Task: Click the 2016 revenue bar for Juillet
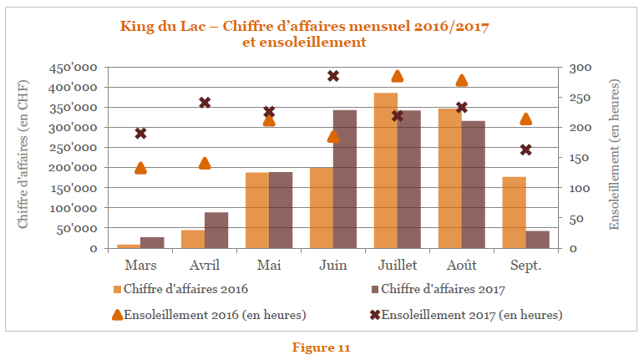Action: [385, 170]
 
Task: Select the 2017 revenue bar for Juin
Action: [345, 179]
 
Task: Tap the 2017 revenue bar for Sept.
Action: [538, 239]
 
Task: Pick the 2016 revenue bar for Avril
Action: [193, 239]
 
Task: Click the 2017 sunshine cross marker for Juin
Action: [333, 76]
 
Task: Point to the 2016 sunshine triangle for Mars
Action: [140, 168]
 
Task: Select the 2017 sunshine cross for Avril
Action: [205, 103]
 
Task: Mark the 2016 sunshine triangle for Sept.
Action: [526, 119]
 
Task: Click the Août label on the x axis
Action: [461, 265]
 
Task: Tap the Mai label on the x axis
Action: [269, 265]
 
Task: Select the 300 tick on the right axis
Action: [581, 68]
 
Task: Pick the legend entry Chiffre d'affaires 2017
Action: [442, 290]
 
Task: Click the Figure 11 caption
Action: [321, 347]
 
